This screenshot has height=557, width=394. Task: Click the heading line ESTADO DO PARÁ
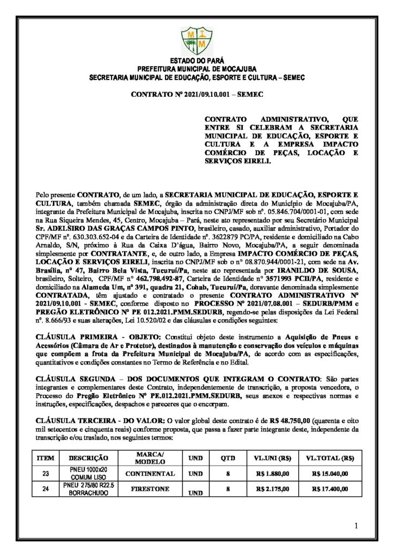pos(196,61)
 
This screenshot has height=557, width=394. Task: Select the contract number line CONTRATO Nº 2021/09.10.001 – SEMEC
pos(197,94)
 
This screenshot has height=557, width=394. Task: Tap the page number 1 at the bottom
pos(355,525)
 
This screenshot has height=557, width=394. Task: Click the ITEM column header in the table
pos(45,459)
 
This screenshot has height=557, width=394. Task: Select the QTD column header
pos(227,459)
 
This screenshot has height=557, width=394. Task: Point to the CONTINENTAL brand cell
pos(150,473)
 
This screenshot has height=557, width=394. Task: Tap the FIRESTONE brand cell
pos(150,488)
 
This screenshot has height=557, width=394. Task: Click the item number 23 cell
pos(45,473)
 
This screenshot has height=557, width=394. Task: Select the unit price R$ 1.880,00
pos(273,473)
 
